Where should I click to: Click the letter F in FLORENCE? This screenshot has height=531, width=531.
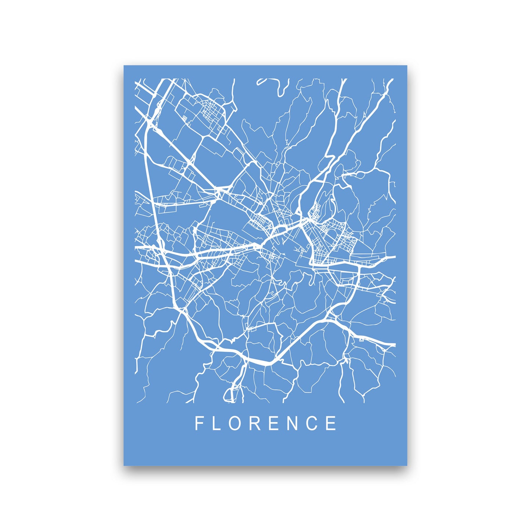point(199,423)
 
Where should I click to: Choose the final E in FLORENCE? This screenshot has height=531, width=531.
point(332,423)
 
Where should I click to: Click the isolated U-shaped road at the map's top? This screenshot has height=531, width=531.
point(273,86)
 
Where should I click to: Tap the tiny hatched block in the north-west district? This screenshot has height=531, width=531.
point(184,117)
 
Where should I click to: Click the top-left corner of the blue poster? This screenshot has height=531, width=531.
point(124,66)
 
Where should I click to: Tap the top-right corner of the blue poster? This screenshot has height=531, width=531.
point(407,66)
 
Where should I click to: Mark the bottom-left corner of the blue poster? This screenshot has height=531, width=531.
point(124,465)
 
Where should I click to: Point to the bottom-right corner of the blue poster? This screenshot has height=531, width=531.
point(407,465)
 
